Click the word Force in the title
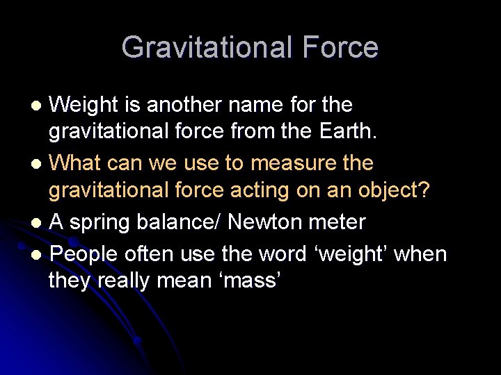[x=340, y=48]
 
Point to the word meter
[x=339, y=222]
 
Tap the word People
[x=84, y=253]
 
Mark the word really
[x=131, y=281]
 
